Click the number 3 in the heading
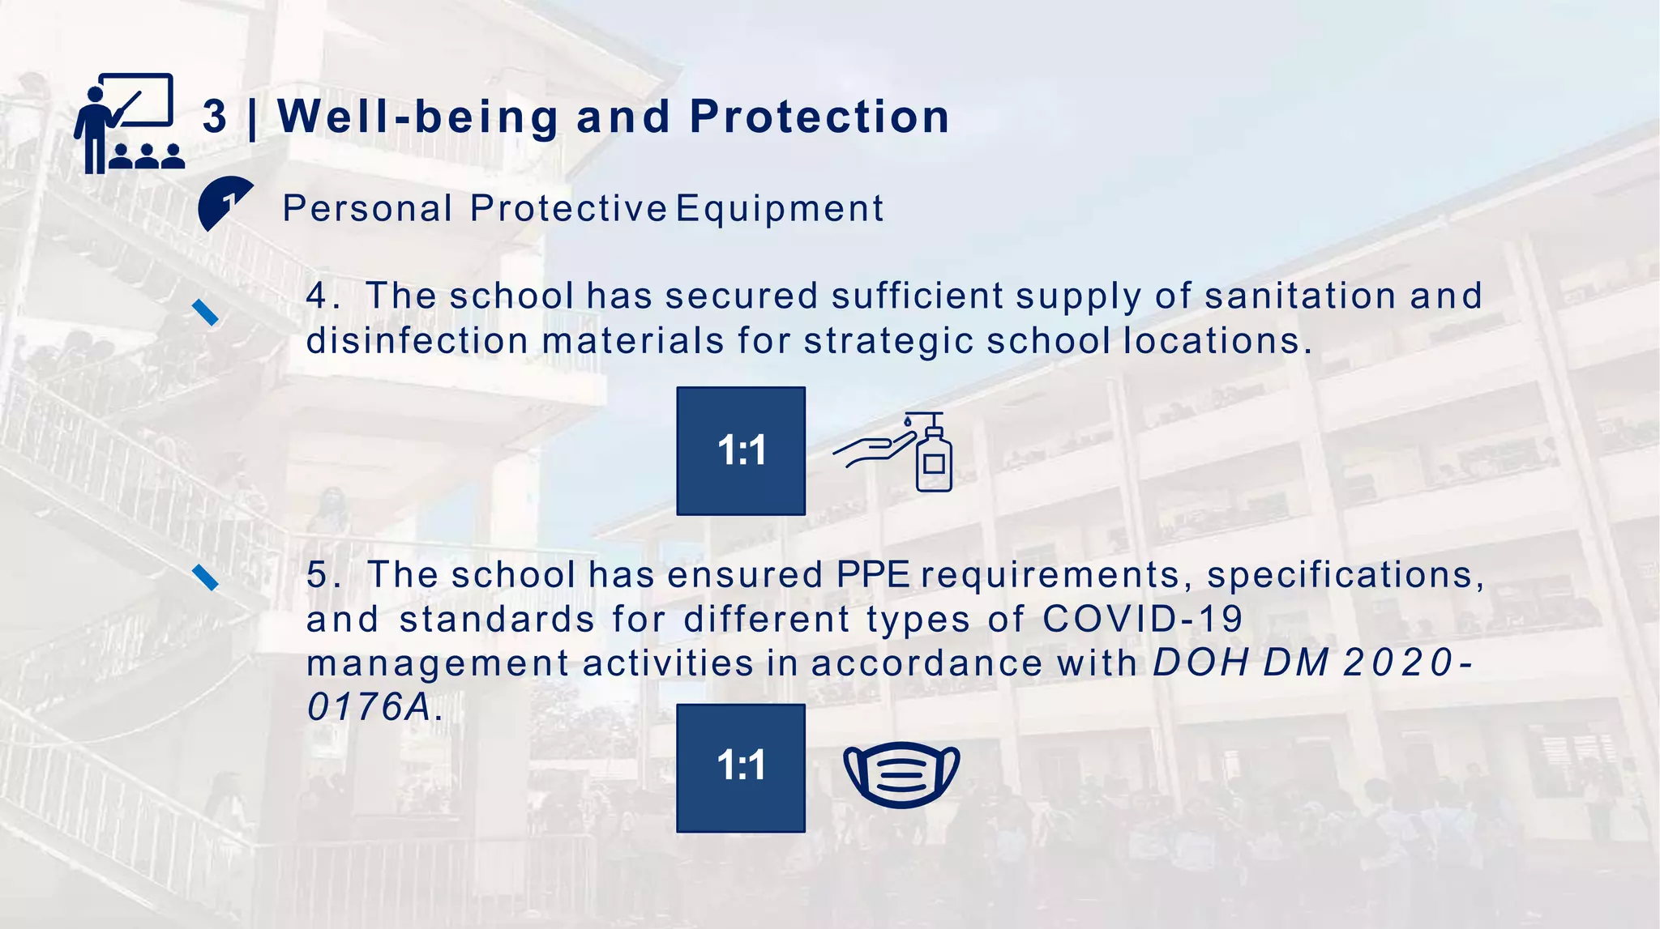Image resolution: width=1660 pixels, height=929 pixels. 215,117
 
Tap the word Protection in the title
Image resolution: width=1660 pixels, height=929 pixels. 819,117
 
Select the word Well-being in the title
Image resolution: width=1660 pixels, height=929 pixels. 418,117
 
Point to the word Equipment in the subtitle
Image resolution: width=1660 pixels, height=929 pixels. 780,209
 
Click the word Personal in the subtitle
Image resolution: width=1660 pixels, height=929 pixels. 367,209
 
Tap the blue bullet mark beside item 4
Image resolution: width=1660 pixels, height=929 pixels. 205,312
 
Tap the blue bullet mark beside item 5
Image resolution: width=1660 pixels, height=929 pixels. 205,577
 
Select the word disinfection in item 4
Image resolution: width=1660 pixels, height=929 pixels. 417,341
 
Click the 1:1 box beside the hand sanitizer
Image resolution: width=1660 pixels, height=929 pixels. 741,450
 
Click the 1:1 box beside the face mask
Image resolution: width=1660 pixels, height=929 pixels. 741,767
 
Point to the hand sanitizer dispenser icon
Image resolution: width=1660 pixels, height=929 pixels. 896,452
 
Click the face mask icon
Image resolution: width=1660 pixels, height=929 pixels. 901,773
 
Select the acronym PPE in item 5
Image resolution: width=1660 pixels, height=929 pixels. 873,575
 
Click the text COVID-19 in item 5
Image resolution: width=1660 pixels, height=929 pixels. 1142,620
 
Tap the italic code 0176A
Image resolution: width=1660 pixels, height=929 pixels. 369,707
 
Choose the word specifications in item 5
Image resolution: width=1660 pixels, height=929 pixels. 1346,575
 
